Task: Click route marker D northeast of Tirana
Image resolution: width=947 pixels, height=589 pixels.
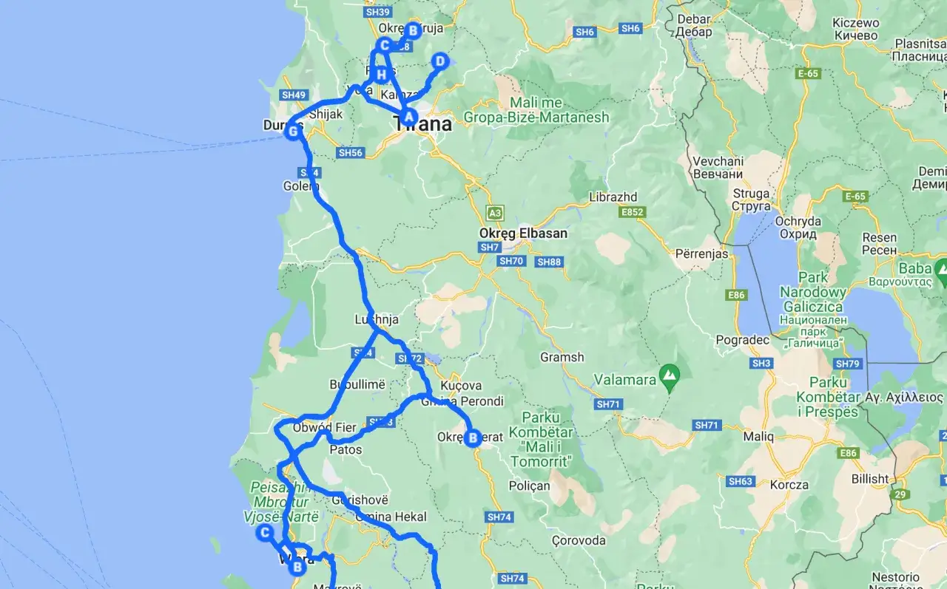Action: point(439,61)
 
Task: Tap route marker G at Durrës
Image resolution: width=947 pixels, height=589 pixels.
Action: point(293,132)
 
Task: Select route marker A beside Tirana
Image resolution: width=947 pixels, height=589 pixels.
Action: point(408,115)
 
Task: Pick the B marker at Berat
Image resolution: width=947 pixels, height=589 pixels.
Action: point(473,438)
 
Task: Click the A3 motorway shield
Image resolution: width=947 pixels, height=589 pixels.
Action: point(495,213)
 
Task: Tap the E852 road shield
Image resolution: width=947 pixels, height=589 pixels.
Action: point(633,212)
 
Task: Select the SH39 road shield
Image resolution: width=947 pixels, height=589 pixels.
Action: point(377,12)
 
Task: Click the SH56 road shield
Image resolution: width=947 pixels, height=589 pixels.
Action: point(350,153)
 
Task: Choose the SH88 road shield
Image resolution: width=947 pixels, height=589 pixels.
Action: point(550,262)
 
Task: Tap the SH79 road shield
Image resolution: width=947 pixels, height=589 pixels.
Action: point(847,364)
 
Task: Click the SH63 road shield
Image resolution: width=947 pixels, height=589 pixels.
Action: point(741,482)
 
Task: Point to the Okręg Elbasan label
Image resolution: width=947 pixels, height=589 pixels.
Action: point(523,234)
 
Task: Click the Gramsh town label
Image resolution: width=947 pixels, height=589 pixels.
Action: point(562,357)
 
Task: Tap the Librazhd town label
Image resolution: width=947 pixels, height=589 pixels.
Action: point(613,198)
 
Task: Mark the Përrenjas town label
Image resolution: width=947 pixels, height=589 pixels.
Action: point(701,253)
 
